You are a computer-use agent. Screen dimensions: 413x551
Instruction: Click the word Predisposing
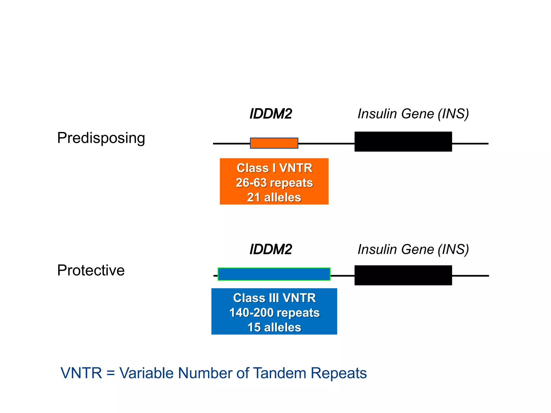101,138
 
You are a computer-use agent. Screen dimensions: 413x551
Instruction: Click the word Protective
91,270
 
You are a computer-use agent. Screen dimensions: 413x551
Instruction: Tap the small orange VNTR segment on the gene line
274,143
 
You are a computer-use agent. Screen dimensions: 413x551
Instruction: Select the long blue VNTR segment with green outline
274,274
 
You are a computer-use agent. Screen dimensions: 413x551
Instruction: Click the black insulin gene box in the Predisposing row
403,142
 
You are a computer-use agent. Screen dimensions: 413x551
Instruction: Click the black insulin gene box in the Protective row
403,275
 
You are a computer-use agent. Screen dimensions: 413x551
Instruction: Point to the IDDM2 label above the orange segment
271,114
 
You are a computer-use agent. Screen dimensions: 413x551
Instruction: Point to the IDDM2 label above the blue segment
271,249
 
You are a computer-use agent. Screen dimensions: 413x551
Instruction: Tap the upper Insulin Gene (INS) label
413,114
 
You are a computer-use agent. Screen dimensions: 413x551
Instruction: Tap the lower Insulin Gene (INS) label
413,249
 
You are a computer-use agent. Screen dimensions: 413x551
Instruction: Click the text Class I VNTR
274,168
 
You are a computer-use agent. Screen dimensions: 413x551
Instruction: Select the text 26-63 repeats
274,183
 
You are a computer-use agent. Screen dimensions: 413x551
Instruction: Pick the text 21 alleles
274,197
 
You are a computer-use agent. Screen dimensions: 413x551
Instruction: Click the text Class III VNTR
274,298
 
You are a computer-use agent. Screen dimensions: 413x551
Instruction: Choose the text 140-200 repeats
274,313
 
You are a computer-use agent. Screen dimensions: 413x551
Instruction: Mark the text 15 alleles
274,327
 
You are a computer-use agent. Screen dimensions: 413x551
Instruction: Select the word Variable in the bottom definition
147,373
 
